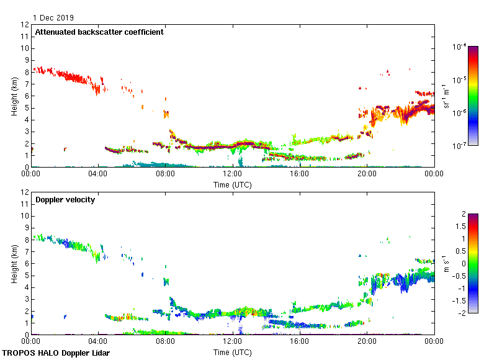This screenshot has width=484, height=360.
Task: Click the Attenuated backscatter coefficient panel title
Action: tap(99, 32)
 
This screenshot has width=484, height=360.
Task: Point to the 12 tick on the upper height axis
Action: tap(25, 25)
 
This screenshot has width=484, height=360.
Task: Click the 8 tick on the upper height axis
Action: tap(25, 72)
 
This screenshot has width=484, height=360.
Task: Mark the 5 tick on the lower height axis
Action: tap(25, 275)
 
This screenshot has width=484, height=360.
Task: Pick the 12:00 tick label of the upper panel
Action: tap(232, 174)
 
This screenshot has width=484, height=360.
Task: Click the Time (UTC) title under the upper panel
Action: tap(232, 184)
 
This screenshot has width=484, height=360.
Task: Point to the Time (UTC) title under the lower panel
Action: tap(232, 352)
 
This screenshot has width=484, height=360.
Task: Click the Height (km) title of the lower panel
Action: tap(14, 263)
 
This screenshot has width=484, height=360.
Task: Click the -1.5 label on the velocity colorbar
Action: tap(461, 300)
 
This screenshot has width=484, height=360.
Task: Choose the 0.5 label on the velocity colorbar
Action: tap(461, 251)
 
